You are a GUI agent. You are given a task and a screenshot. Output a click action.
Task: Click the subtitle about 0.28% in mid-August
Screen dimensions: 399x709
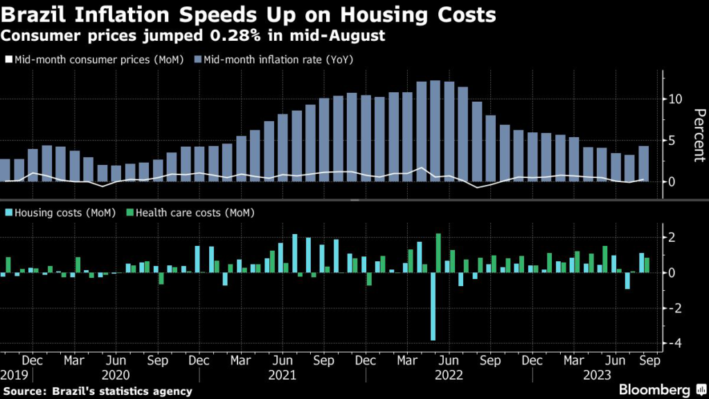pos(194,35)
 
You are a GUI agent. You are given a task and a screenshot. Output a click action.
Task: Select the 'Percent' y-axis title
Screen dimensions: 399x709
pos(699,135)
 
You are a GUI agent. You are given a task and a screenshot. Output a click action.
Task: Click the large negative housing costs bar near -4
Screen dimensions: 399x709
pos(433,306)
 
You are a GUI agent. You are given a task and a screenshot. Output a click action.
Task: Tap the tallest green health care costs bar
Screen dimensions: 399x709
pos(438,253)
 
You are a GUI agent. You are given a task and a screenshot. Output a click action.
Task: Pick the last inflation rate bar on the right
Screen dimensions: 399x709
pos(643,163)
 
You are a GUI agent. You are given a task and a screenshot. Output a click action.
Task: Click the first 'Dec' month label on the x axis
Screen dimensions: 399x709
pos(32,361)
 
